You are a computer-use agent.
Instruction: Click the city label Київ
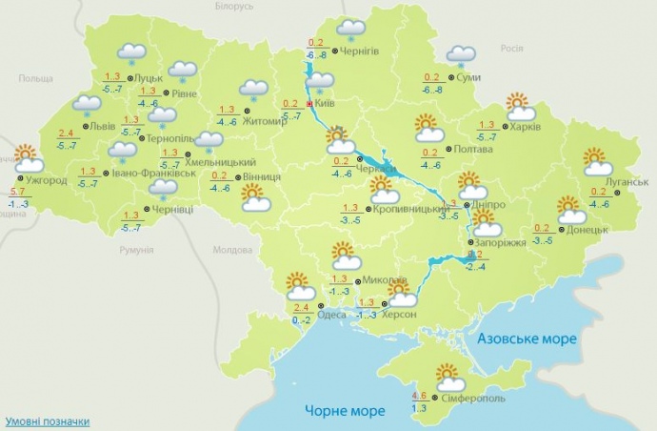click(x=326, y=103)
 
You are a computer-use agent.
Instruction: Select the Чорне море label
click(x=346, y=411)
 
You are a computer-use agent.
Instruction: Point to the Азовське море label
click(x=525, y=339)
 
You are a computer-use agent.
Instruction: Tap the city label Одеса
click(x=331, y=315)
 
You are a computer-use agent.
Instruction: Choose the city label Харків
click(x=525, y=127)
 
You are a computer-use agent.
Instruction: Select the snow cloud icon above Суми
click(x=462, y=57)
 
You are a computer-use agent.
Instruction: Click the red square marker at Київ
click(x=309, y=104)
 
